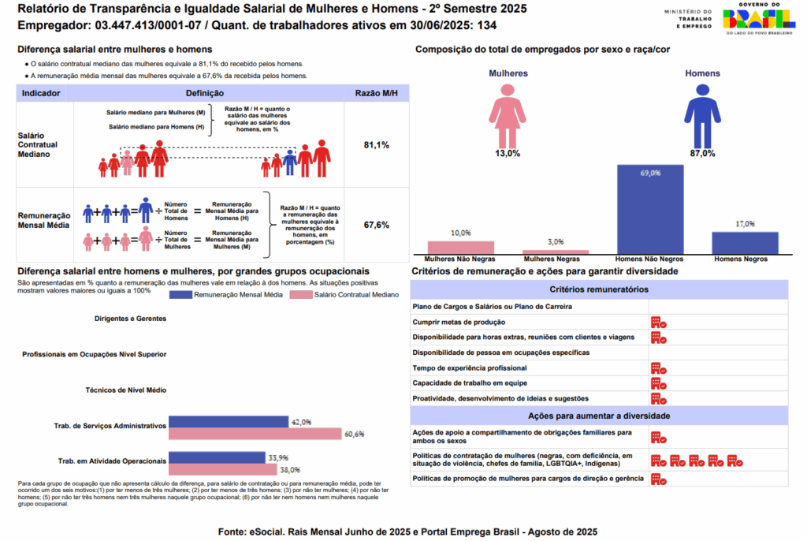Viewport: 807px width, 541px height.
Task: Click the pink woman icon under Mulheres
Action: tap(508, 114)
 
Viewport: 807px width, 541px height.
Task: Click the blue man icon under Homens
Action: tap(702, 114)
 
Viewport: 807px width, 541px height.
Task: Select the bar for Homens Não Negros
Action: tap(650, 210)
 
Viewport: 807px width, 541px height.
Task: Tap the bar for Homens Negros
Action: tap(745, 243)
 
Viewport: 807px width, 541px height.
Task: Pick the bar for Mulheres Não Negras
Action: tap(461, 248)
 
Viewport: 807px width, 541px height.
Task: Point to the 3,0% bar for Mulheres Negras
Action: tap(556, 252)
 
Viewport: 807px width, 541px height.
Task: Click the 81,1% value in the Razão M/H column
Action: tap(376, 146)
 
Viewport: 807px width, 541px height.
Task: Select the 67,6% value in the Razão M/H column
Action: tap(376, 225)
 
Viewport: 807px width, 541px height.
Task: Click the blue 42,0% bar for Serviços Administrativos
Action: tap(229, 423)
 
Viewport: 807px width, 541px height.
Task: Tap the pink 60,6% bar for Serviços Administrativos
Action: tap(255, 435)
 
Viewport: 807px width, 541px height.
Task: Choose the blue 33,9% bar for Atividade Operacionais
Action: tap(217, 457)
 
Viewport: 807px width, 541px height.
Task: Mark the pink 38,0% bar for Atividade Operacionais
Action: tap(223, 469)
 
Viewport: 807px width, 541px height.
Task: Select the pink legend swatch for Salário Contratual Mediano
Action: tap(301, 295)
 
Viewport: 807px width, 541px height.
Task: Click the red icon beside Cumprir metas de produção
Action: tap(659, 323)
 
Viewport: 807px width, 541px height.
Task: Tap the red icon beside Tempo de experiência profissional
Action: tap(659, 368)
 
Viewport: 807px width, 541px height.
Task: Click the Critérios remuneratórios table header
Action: tap(599, 290)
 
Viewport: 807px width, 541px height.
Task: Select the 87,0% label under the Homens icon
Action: tap(702, 154)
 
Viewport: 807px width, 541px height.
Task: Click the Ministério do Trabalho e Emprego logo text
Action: tap(687, 18)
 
